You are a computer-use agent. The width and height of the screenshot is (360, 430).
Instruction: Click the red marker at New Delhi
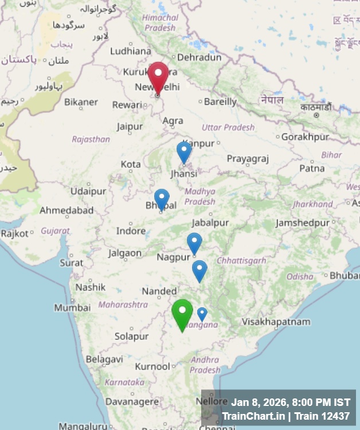pyautogui.click(x=158, y=76)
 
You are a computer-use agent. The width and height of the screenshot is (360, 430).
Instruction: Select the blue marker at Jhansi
pyautogui.click(x=184, y=152)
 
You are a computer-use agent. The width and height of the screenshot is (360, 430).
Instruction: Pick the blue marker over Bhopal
pyautogui.click(x=162, y=199)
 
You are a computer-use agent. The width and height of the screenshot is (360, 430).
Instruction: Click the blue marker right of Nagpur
pyautogui.click(x=194, y=243)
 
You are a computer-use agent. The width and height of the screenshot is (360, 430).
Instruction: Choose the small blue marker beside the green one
pyautogui.click(x=202, y=314)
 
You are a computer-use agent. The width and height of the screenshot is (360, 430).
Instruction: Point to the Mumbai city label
pyautogui.click(x=72, y=308)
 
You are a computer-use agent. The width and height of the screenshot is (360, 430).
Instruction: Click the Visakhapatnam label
pyautogui.click(x=276, y=322)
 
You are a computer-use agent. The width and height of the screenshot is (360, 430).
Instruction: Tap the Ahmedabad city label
pyautogui.click(x=66, y=210)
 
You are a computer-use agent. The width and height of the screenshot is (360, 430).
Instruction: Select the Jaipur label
pyautogui.click(x=130, y=126)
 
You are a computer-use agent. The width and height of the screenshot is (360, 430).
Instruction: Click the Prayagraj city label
pyautogui.click(x=248, y=158)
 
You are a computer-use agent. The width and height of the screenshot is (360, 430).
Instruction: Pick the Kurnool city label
pyautogui.click(x=152, y=366)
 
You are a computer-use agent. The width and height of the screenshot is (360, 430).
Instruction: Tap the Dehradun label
pyautogui.click(x=199, y=57)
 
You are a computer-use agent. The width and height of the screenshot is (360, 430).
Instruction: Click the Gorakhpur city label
pyautogui.click(x=306, y=137)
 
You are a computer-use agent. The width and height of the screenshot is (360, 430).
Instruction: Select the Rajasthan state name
pyautogui.click(x=91, y=139)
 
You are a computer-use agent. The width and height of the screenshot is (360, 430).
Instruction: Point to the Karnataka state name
pyautogui.click(x=124, y=382)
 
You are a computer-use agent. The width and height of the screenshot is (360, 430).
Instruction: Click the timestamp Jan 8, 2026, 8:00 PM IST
pyautogui.click(x=291, y=402)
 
